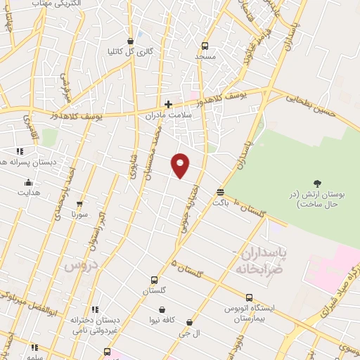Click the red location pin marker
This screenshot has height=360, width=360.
(181, 165)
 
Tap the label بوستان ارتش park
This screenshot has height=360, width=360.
(314, 198)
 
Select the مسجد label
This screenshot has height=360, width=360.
(206, 56)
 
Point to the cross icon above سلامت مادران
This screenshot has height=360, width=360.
(168, 104)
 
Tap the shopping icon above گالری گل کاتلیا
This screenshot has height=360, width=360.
(131, 41)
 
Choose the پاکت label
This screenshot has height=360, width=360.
(220, 202)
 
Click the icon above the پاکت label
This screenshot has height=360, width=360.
(220, 191)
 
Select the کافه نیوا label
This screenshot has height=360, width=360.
(162, 320)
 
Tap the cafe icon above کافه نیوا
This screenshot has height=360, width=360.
(162, 309)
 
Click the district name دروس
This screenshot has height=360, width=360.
(79, 265)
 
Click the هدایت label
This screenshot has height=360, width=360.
(29, 192)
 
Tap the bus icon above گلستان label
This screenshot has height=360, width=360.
(154, 280)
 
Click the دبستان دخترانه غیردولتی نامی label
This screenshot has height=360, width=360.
(94, 324)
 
